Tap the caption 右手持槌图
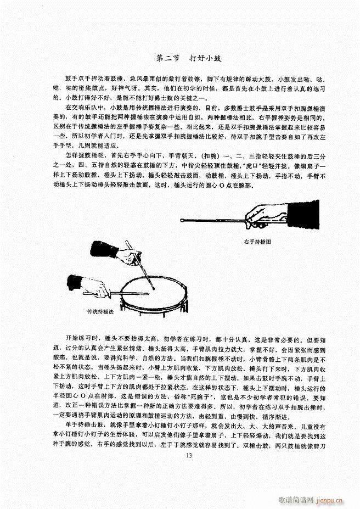coord(258,242)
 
